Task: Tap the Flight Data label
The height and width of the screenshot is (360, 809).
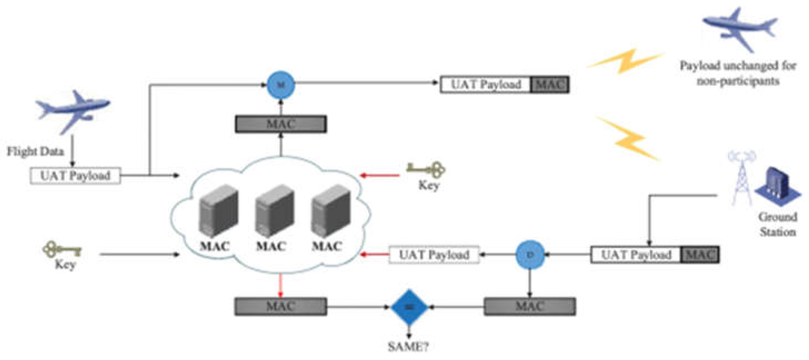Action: tap(35, 151)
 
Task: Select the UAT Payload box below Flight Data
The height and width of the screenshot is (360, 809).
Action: tap(75, 176)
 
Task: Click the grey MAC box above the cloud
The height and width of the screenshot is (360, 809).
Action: tap(281, 124)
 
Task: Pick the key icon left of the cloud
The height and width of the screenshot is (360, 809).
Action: tap(62, 250)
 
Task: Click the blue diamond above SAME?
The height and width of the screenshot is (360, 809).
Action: tap(409, 307)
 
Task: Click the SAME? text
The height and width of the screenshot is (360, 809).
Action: tap(408, 347)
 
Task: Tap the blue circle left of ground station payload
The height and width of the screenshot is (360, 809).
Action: tap(530, 255)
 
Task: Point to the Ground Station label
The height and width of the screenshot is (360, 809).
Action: tap(777, 224)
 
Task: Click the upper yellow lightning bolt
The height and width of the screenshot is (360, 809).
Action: tap(625, 61)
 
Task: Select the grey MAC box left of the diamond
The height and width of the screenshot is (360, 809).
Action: tap(281, 306)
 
